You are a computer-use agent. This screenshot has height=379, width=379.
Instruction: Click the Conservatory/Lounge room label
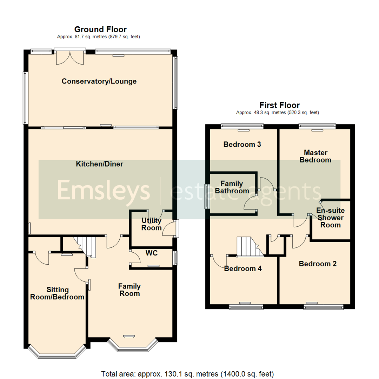(99, 81)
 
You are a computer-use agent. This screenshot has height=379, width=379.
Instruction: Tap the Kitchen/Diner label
(100, 164)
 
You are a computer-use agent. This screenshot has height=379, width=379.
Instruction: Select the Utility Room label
(152, 224)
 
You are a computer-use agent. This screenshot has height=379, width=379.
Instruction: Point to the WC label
(151, 253)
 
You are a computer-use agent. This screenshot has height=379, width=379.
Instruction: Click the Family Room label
(129, 290)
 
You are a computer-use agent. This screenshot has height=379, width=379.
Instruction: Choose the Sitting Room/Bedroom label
(57, 293)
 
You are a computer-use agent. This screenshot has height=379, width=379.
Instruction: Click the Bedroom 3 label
(242, 144)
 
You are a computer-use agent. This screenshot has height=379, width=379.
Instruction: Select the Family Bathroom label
(232, 187)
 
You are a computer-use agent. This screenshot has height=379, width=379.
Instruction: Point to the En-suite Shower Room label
(330, 218)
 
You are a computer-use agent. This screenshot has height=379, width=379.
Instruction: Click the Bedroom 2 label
(318, 264)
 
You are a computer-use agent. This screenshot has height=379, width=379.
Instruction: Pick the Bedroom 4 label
(243, 269)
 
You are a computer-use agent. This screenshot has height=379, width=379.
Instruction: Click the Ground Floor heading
(100, 29)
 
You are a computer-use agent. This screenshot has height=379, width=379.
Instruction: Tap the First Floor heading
(279, 105)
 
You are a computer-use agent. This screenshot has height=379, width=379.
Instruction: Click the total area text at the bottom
(187, 374)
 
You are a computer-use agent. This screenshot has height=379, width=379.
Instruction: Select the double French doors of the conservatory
(70, 57)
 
